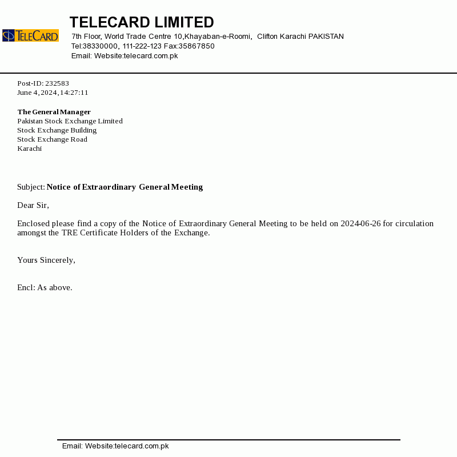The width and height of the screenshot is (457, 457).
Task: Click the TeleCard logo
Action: pyautogui.click(x=30, y=35)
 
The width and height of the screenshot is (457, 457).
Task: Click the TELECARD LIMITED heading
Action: pyautogui.click(x=142, y=22)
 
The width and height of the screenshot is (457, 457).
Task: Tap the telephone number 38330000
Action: pyautogui.click(x=101, y=46)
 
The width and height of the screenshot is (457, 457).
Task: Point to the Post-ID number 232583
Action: pyautogui.click(x=57, y=83)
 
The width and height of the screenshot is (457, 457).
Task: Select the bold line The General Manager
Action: pyautogui.click(x=54, y=112)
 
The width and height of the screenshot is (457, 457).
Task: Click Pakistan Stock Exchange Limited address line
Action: pyautogui.click(x=70, y=121)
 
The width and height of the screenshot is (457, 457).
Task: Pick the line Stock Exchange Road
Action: pyautogui.click(x=52, y=139)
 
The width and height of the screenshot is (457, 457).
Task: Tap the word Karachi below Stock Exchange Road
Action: pyautogui.click(x=30, y=149)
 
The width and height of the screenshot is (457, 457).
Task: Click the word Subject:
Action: pyautogui.click(x=31, y=187)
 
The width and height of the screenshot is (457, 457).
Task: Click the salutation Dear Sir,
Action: pyautogui.click(x=33, y=205)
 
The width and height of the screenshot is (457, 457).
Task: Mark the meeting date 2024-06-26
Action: pyautogui.click(x=360, y=223)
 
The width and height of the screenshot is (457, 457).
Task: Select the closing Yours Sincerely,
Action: pyautogui.click(x=46, y=260)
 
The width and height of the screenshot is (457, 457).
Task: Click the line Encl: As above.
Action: pyautogui.click(x=45, y=287)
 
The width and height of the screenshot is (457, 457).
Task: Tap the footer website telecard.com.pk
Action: pyautogui.click(x=142, y=446)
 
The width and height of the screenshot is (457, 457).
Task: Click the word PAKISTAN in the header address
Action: pyautogui.click(x=326, y=37)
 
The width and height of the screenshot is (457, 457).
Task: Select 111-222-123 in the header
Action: pyautogui.click(x=142, y=46)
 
